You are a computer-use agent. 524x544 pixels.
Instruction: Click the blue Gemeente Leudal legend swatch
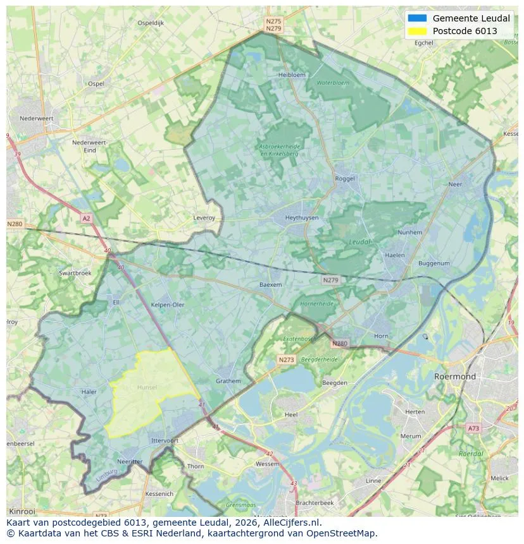pos(418,18)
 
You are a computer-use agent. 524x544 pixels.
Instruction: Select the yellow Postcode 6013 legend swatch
pos(418,31)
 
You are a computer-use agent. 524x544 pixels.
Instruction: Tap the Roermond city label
pos(454,377)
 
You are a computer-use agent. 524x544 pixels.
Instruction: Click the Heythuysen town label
pos(301,218)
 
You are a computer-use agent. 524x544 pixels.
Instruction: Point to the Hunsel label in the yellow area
pos(147,387)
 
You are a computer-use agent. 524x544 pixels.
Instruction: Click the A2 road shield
pos(86,218)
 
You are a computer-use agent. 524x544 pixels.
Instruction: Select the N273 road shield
pos(286,360)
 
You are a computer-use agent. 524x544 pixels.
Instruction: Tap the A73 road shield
pos(473,428)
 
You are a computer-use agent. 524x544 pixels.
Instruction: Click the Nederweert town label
pos(36,118)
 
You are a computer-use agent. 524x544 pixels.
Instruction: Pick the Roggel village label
pos(345,179)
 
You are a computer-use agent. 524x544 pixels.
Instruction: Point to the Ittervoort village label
pos(165,440)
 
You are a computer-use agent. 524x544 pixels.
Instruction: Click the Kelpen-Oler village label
pos(168,305)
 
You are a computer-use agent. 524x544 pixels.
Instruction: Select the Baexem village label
pos(270,285)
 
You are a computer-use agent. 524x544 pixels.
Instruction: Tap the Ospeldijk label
pos(151,23)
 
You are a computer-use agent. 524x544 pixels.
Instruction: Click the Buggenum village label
pos(434,263)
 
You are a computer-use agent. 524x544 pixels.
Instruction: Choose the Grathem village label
pos(228,382)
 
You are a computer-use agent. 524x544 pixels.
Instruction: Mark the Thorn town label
pos(196,467)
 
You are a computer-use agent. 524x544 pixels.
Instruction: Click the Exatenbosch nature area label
pos(299,339)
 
